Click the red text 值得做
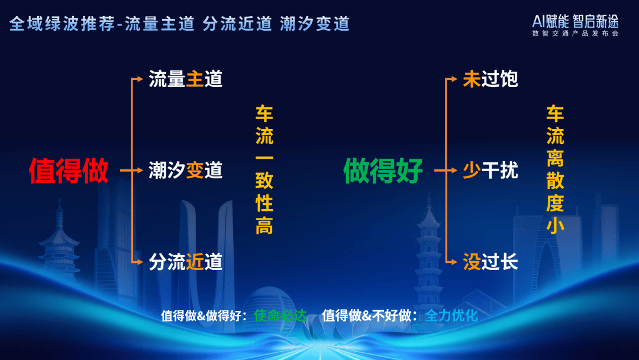tap(69, 171)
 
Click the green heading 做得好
tap(383, 171)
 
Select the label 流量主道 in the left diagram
tap(185, 79)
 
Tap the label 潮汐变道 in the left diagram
tap(185, 171)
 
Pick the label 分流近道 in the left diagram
tap(185, 262)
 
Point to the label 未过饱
tap(490, 79)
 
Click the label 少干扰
tap(490, 171)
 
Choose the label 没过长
tap(490, 262)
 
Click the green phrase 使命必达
tap(280, 315)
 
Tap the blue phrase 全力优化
tap(451, 315)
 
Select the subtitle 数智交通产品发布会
tap(576, 33)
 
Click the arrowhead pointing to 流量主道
tap(140, 79)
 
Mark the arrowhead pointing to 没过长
tap(454, 262)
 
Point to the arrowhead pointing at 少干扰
tap(454, 171)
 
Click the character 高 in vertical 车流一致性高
tap(264, 226)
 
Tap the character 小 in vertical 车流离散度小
tap(555, 226)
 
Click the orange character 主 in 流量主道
tap(195, 79)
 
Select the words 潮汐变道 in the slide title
tap(315, 24)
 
